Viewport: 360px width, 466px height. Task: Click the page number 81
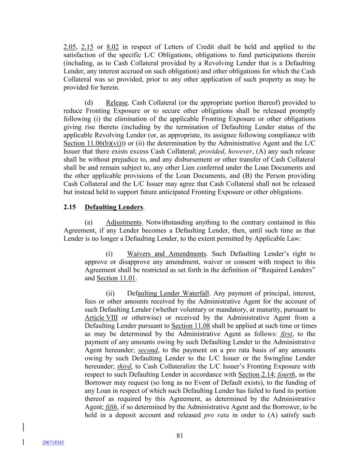click(180, 435)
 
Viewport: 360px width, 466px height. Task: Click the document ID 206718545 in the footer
click(53, 442)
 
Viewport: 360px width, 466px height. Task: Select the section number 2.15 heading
click(69, 207)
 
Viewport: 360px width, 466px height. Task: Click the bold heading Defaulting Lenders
click(114, 207)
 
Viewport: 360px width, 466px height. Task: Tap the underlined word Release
click(116, 103)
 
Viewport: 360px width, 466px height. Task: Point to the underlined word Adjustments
click(123, 223)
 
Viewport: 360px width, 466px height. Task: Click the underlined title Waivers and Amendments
click(167, 254)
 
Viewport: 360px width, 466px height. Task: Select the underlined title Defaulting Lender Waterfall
click(168, 294)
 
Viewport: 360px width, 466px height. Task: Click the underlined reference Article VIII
click(101, 318)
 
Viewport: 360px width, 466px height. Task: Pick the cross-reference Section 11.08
click(190, 326)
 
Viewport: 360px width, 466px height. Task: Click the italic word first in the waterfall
click(286, 334)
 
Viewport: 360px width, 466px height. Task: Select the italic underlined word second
click(148, 350)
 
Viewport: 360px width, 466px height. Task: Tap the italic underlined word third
click(124, 367)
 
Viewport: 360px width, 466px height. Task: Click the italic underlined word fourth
click(286, 375)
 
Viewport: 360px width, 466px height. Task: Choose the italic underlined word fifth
click(111, 407)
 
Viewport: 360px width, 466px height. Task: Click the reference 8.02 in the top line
click(113, 47)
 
